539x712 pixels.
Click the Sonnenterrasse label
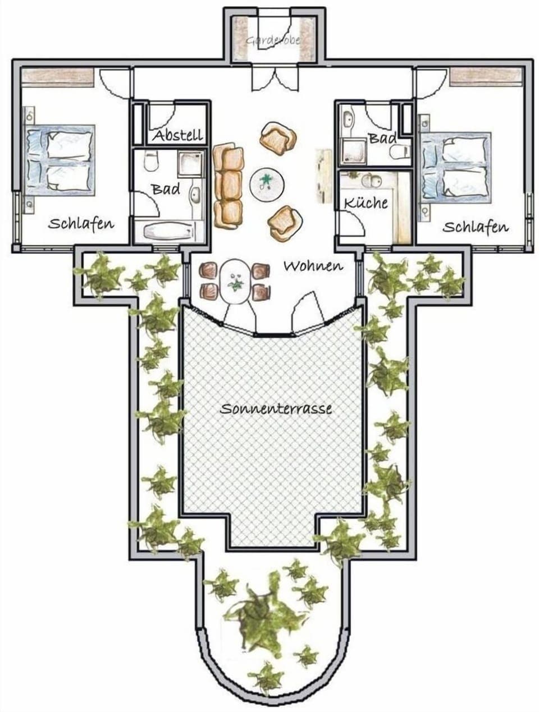pos(276,408)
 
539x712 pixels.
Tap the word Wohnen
pos(313,265)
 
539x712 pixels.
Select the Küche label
pos(366,203)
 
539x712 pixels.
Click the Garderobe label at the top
pos(273,40)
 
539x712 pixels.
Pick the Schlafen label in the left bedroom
pos(81,223)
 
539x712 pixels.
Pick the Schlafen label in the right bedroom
pos(476,227)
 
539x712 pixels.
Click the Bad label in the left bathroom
pos(166,189)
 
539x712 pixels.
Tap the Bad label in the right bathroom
pos(382,137)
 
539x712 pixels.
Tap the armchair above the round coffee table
pos(278,139)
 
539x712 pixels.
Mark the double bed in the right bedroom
pos(455,167)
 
